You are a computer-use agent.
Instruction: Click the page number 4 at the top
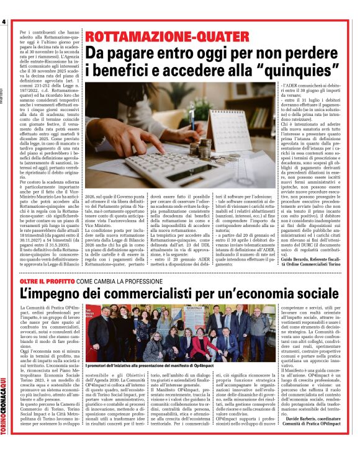tap(4, 23)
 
